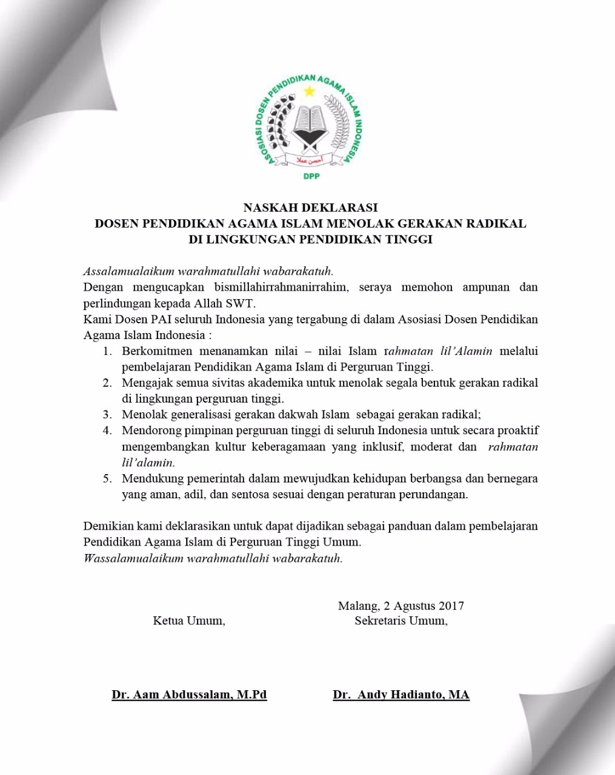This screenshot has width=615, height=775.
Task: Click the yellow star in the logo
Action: coord(310,91)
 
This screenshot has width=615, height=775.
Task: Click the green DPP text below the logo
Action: coord(311,176)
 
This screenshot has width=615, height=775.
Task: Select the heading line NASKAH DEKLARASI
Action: coord(310,208)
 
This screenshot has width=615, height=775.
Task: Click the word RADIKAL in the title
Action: coord(496,223)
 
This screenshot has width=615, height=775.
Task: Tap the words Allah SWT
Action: coord(228,303)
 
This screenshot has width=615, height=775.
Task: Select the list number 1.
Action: coord(107,351)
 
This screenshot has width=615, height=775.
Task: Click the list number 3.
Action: coord(107,415)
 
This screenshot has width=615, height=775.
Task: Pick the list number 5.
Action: coord(107,478)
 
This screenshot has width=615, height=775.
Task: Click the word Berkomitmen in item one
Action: coord(157,351)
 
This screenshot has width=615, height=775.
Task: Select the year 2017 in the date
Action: coord(451,605)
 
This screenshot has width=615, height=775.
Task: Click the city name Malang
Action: coord(357,605)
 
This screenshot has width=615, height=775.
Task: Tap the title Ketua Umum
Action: coord(189,621)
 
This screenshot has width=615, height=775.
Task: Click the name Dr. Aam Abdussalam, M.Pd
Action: coord(189,694)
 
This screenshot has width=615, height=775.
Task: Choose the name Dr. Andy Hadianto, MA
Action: coord(401,694)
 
